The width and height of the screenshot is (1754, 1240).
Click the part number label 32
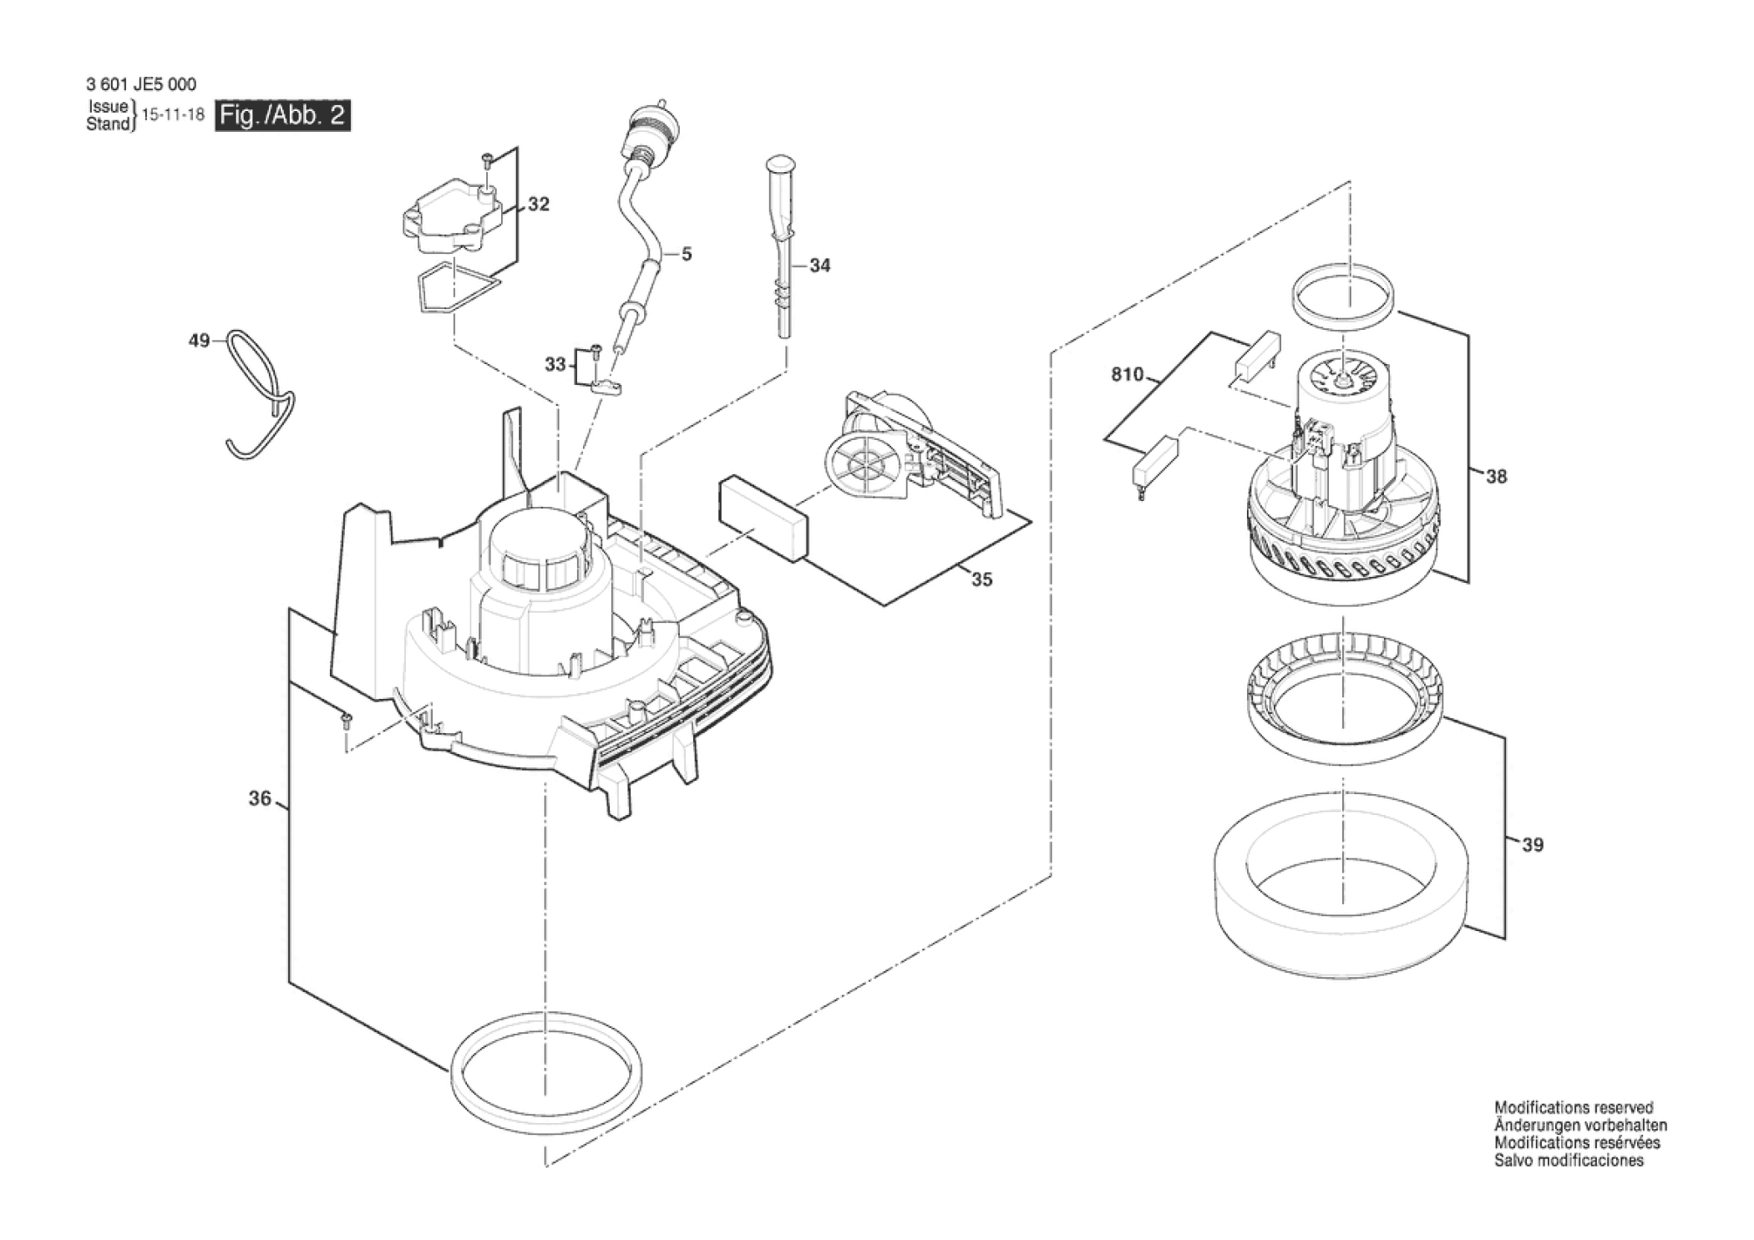tap(539, 205)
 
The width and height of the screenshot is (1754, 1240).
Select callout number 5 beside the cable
tap(687, 254)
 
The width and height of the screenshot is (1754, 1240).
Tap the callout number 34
tap(820, 266)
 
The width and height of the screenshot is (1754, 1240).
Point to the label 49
tap(199, 341)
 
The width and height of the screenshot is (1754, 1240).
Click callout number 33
tap(555, 365)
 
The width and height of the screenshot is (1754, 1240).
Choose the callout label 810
tap(1127, 375)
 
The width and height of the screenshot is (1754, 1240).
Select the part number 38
tap(1496, 477)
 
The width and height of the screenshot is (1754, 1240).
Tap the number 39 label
tap(1533, 845)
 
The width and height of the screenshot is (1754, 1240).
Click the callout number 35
tap(982, 580)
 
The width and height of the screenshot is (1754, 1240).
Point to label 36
tap(260, 799)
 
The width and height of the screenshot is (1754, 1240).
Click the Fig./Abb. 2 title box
tap(282, 115)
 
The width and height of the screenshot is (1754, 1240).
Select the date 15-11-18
tap(174, 115)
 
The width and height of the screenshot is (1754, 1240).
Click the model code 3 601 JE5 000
tap(141, 84)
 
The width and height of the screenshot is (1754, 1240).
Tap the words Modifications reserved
tap(1574, 1108)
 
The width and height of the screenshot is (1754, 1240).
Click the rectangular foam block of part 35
tap(763, 518)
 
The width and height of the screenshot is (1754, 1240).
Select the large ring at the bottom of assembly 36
tap(547, 1070)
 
